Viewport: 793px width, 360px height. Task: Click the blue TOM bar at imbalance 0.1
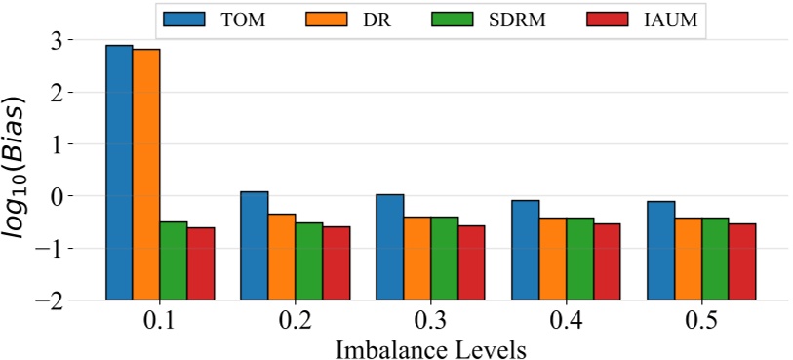[x=120, y=172]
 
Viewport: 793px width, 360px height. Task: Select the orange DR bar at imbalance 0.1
[x=146, y=174]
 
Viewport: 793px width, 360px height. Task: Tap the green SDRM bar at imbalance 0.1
[x=174, y=260]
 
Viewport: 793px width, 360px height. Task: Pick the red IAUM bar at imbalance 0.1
[x=201, y=262]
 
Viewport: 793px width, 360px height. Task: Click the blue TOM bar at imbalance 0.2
[x=255, y=245]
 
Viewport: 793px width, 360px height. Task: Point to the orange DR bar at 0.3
[x=417, y=258]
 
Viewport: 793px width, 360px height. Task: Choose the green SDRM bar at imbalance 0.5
[x=715, y=258]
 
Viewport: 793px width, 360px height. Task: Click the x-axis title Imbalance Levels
[x=431, y=348]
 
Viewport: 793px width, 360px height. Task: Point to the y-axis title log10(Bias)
[x=22, y=171]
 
